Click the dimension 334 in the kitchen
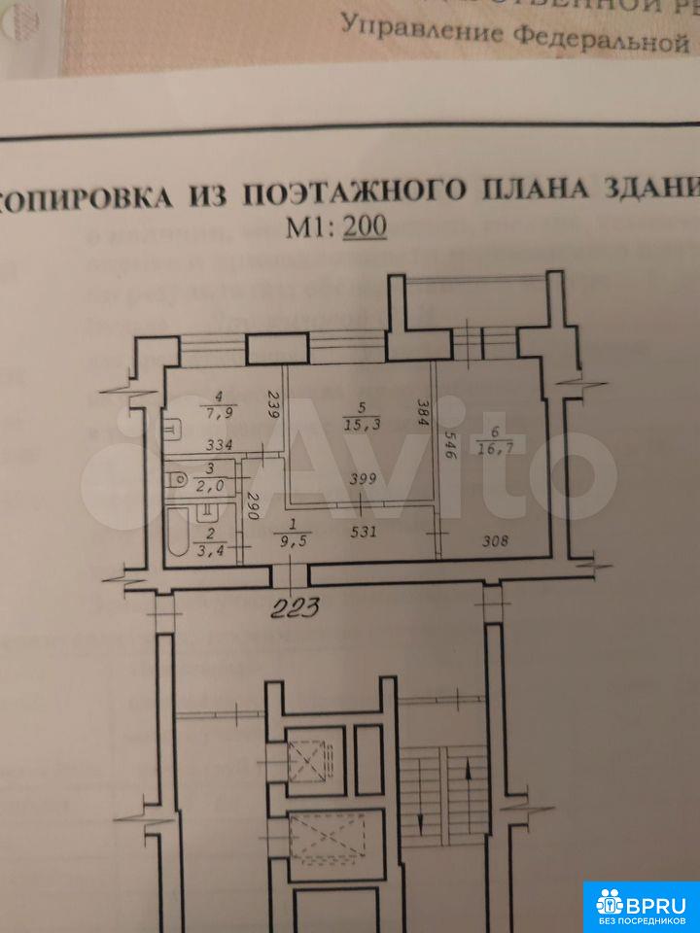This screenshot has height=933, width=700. point(218,446)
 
